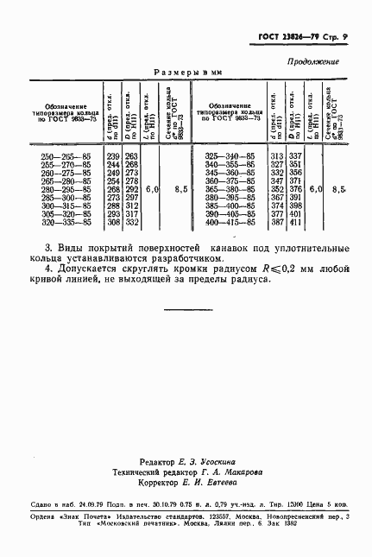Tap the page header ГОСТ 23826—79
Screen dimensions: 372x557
coord(285,39)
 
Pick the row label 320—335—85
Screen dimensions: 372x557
coord(66,222)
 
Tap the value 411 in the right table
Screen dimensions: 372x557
coord(295,222)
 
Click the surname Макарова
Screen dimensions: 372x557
coord(228,473)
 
